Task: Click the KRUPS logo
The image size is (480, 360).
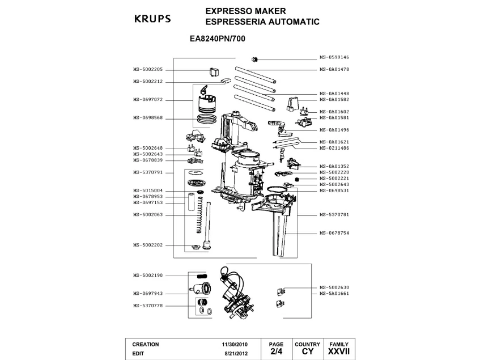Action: pyautogui.click(x=152, y=19)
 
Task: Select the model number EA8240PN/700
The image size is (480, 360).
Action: pyautogui.click(x=222, y=40)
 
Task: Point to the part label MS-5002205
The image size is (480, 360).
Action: pyautogui.click(x=148, y=69)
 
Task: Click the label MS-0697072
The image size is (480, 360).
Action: pyautogui.click(x=148, y=100)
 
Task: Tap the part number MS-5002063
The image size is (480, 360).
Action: pyautogui.click(x=148, y=215)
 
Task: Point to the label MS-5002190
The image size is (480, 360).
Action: pyautogui.click(x=148, y=276)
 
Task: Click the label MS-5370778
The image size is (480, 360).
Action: pyautogui.click(x=148, y=306)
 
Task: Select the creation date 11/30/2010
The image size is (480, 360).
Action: pyautogui.click(x=235, y=344)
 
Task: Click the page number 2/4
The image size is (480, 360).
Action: pyautogui.click(x=276, y=352)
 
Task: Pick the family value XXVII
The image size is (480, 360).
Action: pyautogui.click(x=339, y=352)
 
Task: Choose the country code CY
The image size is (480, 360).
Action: pyautogui.click(x=308, y=352)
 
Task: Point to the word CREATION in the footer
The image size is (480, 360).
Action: pyautogui.click(x=146, y=344)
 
